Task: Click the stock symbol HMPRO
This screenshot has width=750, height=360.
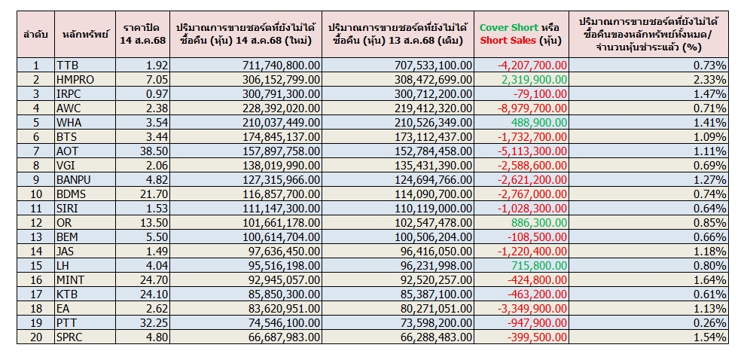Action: pos(75,79)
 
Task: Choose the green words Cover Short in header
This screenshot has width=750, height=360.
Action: pos(508,28)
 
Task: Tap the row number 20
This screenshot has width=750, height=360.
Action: pos(36,337)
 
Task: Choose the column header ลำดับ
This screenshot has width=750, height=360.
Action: pos(35,35)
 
